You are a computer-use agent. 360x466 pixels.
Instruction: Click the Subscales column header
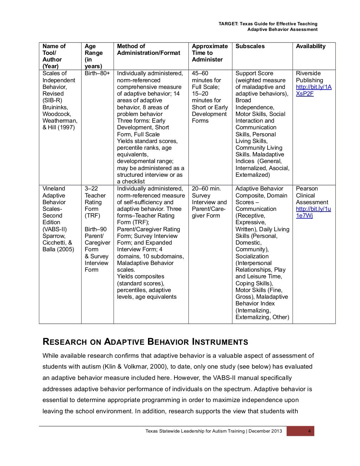[250, 46]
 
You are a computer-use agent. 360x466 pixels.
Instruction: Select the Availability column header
[310, 46]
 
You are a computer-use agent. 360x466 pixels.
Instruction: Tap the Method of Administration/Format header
[148, 50]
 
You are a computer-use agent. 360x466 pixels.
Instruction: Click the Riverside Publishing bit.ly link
[313, 90]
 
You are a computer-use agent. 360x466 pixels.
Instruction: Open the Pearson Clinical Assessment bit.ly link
[313, 212]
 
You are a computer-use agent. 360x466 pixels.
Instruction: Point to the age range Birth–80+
[97, 73]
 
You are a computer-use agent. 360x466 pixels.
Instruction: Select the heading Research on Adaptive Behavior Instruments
[145, 342]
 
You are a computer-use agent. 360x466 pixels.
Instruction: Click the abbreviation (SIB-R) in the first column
[52, 101]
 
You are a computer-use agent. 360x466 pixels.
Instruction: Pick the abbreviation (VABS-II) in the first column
[54, 229]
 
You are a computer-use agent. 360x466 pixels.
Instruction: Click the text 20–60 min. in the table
[206, 189]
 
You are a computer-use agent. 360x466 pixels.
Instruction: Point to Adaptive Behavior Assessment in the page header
[282, 30]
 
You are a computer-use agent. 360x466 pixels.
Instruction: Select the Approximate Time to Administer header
[210, 53]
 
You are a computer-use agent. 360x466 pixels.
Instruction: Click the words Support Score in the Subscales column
[254, 73]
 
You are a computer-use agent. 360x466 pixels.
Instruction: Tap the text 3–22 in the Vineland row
[91, 189]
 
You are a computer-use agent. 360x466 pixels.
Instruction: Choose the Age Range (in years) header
[94, 56]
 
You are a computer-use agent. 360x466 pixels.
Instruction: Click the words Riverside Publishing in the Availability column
[309, 77]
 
